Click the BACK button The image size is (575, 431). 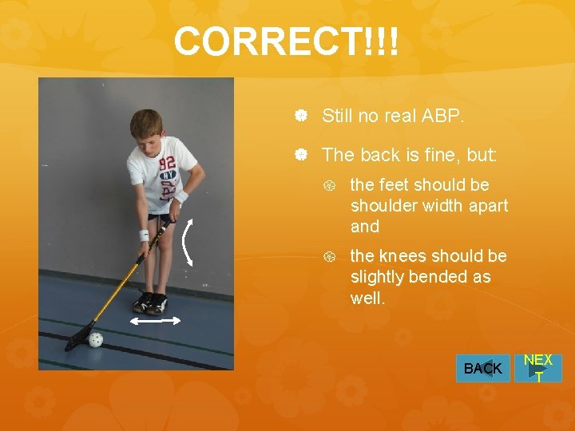(482, 369)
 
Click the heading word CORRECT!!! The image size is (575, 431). (285, 42)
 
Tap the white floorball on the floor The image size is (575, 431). (96, 339)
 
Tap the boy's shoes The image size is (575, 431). (150, 302)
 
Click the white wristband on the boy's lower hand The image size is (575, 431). (144, 235)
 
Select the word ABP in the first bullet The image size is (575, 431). (445, 116)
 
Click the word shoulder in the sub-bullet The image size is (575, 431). (380, 206)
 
